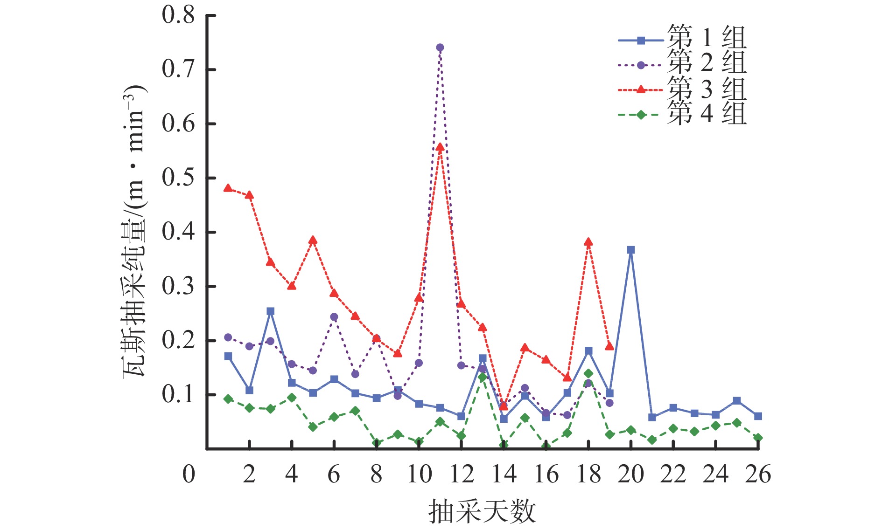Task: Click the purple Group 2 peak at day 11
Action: (440, 48)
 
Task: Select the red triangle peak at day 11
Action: (440, 147)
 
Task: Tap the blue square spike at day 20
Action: (630, 250)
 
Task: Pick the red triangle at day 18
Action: (588, 242)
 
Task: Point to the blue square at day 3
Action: (270, 311)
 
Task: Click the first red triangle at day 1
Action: (228, 188)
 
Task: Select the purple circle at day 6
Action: (334, 317)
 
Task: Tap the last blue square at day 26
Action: (758, 416)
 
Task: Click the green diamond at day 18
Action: (588, 373)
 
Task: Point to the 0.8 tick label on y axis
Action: (178, 15)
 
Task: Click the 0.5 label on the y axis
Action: (178, 178)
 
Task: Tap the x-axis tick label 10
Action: (419, 474)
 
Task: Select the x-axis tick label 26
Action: (758, 474)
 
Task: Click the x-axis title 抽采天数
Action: (482, 512)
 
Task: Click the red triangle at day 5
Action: (313, 240)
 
